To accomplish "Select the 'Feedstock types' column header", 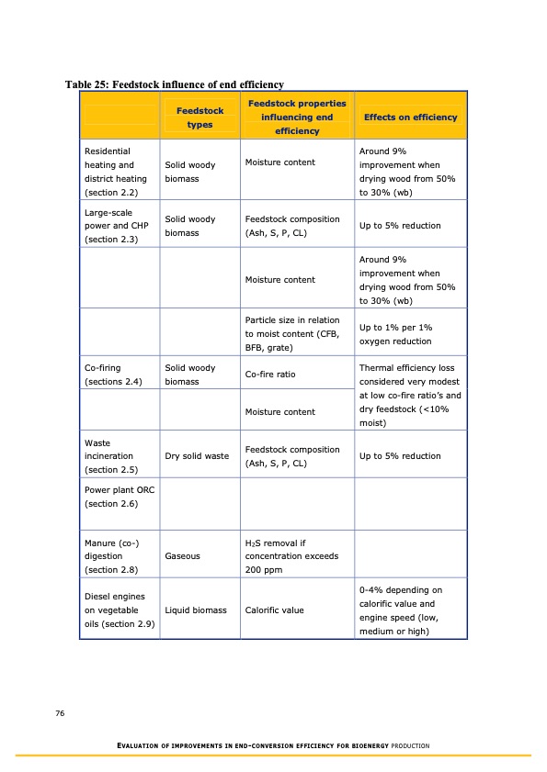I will coord(199,117).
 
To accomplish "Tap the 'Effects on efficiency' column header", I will coord(410,117).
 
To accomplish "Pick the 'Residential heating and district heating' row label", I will coord(115,172).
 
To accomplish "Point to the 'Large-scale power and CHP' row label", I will coord(116,226).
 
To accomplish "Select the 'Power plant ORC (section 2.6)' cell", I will coord(116,497).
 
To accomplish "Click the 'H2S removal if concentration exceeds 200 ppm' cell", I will coord(292,556).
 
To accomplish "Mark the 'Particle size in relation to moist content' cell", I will coord(292,334).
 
